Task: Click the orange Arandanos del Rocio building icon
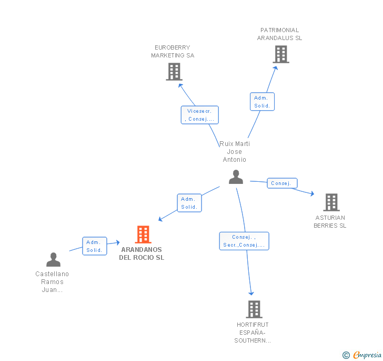point(143,234)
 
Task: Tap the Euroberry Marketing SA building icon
point(174,72)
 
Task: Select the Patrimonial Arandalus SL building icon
point(281,54)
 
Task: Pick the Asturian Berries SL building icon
point(331,202)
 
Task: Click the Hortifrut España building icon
point(254,309)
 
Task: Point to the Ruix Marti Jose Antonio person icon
point(236,177)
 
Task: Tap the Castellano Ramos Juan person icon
point(53,260)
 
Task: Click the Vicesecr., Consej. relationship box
point(200,115)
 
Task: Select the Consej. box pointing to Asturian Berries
point(282,183)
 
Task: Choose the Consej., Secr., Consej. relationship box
point(244,241)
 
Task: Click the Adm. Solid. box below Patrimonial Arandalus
point(263,102)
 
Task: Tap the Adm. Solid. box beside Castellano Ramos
point(95,246)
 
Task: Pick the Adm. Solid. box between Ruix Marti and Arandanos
point(189,203)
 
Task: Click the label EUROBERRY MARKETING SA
point(173,52)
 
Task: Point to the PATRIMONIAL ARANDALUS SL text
point(279,34)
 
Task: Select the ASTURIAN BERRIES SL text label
point(330,221)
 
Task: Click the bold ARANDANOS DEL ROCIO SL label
point(142,253)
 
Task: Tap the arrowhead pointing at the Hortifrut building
point(251,293)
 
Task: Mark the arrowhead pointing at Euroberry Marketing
point(180,85)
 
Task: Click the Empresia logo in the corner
point(362,355)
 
